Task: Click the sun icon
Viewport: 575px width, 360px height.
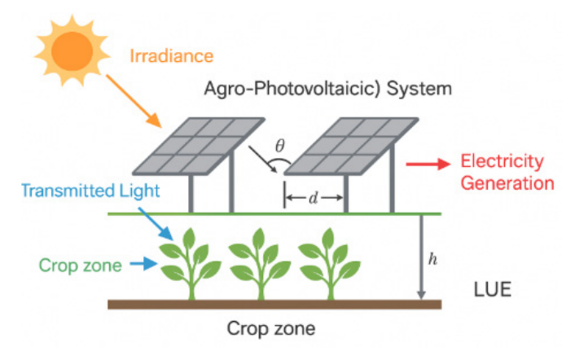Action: click(72, 50)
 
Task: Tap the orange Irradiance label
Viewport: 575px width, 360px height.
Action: click(171, 56)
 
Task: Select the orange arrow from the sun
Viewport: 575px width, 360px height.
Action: click(134, 101)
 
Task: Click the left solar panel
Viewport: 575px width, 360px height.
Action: click(199, 146)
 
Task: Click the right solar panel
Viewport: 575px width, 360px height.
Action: click(351, 146)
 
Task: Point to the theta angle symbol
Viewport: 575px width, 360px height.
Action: click(280, 146)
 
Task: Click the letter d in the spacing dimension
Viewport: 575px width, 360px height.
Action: click(313, 199)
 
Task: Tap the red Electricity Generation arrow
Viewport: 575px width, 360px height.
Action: click(428, 164)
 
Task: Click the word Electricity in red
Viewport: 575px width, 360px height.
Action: click(502, 161)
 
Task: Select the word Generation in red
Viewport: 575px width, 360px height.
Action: click(507, 183)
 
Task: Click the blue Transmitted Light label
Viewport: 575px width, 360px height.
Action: click(90, 191)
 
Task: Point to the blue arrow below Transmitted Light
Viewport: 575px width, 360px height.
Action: click(156, 224)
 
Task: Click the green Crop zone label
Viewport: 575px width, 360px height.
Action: click(81, 265)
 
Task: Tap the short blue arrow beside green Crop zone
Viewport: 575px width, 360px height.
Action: click(143, 264)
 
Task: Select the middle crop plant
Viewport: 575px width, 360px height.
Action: click(260, 264)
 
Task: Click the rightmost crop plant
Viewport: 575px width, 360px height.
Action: click(329, 264)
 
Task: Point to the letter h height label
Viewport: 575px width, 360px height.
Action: click(432, 259)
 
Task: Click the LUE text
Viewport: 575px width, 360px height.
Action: click(493, 290)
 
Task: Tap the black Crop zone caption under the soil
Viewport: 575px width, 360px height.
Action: click(271, 328)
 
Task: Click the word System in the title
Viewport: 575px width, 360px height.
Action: click(419, 89)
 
